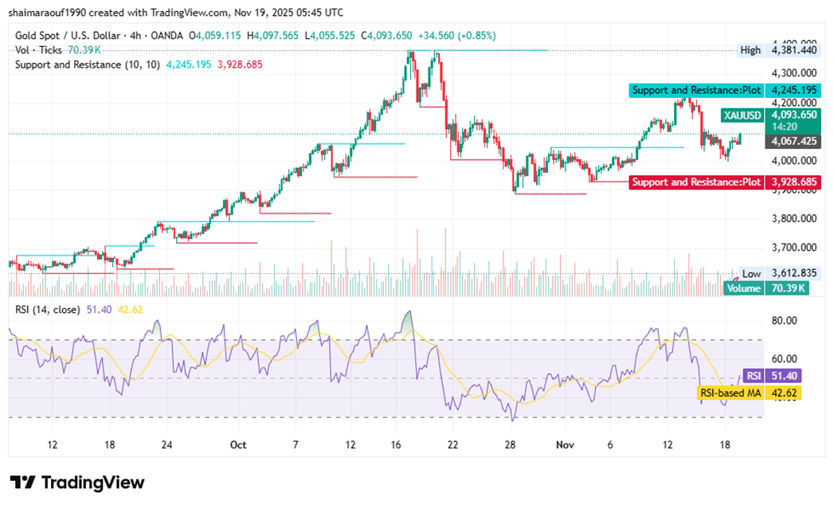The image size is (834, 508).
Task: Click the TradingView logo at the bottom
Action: [x=77, y=483]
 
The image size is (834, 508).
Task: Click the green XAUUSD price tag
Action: [x=742, y=115]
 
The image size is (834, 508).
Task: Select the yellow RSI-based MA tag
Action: [x=730, y=393]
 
